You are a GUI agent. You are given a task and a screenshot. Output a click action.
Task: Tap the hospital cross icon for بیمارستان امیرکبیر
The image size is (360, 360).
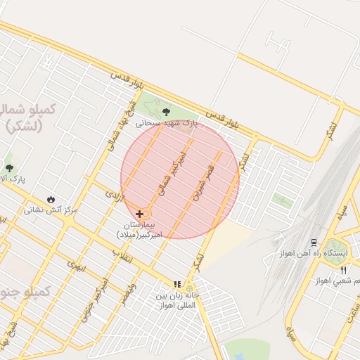tap(140, 214)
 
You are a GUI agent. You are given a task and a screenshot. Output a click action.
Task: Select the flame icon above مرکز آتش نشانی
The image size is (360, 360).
tap(51, 199)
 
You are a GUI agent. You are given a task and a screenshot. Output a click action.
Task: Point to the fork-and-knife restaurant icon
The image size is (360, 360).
tap(344, 269)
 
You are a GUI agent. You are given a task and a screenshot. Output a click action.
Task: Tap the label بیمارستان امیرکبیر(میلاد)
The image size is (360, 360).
tap(141, 227)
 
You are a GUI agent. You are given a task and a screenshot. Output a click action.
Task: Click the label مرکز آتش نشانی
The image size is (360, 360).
tap(51, 210)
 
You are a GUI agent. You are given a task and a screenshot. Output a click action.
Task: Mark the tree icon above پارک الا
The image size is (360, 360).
tap(9, 167)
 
